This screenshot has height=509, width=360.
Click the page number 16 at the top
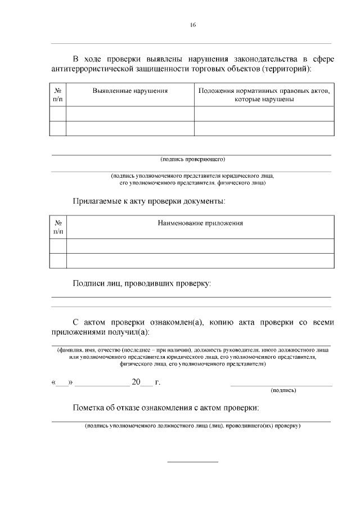(x=192, y=25)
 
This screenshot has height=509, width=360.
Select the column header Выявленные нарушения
(x=130, y=91)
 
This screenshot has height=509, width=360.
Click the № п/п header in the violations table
(x=58, y=94)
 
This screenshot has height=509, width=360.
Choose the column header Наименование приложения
(x=200, y=223)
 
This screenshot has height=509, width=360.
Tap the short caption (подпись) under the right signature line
(x=283, y=390)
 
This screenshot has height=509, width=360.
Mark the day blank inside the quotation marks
(x=61, y=384)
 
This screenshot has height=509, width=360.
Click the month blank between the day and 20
(x=102, y=384)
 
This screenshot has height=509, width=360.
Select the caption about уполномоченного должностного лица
(x=192, y=426)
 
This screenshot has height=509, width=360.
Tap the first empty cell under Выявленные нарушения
(x=130, y=114)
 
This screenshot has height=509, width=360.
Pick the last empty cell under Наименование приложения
(x=200, y=261)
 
